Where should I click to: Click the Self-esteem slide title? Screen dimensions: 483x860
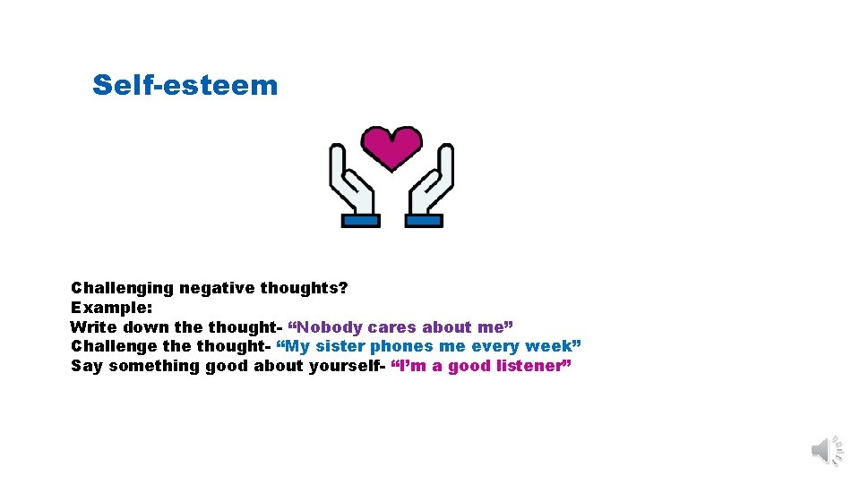(185, 86)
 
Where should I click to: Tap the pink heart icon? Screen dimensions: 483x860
(391, 147)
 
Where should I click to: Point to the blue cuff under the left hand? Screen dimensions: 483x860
(360, 220)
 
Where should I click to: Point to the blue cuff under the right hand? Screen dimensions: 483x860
(423, 220)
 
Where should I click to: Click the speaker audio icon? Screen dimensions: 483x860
(827, 450)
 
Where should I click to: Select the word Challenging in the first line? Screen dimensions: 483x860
(122, 288)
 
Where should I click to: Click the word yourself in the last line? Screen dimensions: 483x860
(346, 366)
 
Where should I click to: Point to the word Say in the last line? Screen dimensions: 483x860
(87, 366)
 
